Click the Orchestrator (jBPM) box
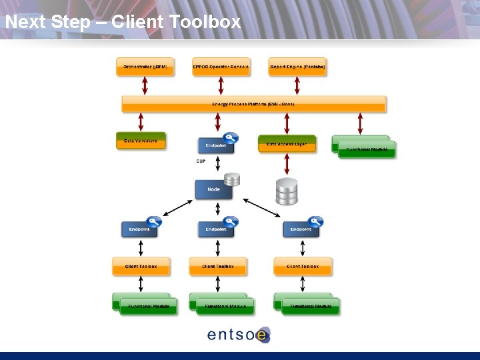[x=145, y=67]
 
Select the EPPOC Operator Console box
[x=221, y=67]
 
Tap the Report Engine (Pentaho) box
[x=297, y=67]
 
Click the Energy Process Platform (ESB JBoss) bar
[x=253, y=104]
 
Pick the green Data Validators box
[x=141, y=141]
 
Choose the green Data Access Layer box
[x=287, y=143]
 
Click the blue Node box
[x=213, y=189]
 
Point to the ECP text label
[x=201, y=161]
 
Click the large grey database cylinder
[x=287, y=191]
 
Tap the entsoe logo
[x=239, y=334]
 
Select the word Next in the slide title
[x=25, y=22]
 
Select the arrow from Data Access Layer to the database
[x=287, y=165]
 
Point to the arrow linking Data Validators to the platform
[x=141, y=122]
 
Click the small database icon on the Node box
[x=231, y=180]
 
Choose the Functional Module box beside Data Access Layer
[x=365, y=147]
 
